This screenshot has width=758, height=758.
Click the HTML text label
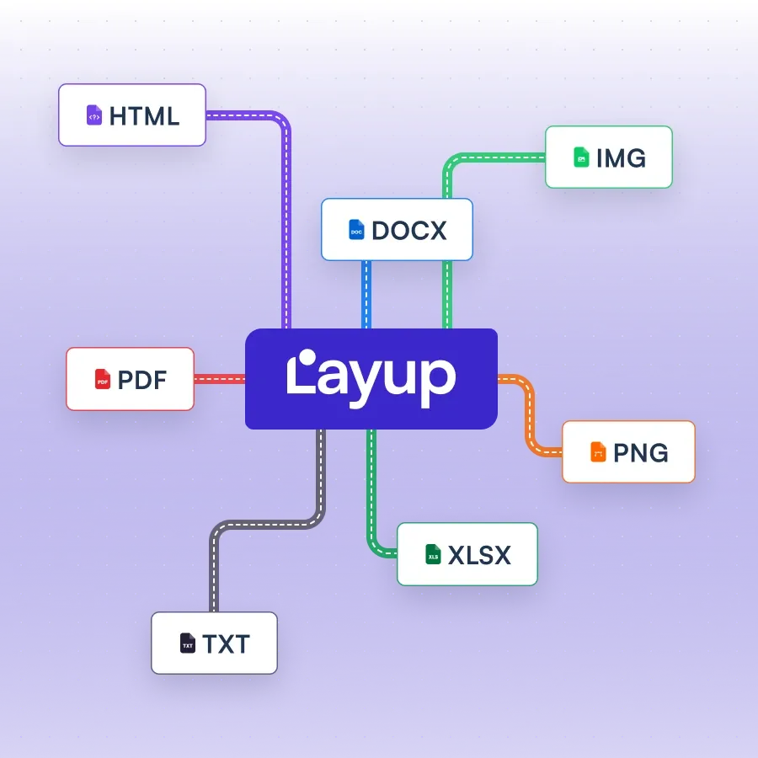coord(144,115)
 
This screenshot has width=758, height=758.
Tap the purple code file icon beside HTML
coord(94,115)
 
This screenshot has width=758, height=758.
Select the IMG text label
coord(621,157)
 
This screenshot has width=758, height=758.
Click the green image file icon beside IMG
coord(581,157)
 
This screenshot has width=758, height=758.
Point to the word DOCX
coord(409,230)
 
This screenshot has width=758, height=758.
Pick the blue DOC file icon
coord(356,230)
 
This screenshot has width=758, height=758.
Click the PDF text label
coord(142,380)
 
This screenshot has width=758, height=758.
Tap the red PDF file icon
coord(103,380)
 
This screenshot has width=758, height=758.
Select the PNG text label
coord(640,452)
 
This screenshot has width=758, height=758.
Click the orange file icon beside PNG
coord(598,452)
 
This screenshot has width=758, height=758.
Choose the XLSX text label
coord(479,555)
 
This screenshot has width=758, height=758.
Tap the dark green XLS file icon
coord(433,555)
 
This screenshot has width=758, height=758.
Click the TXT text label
coord(226,644)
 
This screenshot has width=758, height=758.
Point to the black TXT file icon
coord(188,644)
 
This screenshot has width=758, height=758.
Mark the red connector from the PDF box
coord(219,380)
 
